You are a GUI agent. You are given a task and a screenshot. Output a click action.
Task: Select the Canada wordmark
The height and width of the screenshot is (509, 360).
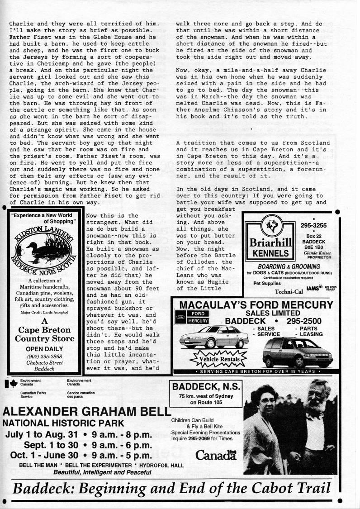click(x=216, y=455)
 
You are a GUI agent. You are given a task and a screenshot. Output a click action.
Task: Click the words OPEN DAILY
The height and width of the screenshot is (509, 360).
click(x=43, y=349)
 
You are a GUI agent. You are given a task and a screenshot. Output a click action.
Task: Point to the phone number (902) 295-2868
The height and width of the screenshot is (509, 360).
click(x=44, y=357)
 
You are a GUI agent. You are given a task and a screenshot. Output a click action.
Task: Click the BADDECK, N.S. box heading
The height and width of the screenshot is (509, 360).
click(x=205, y=387)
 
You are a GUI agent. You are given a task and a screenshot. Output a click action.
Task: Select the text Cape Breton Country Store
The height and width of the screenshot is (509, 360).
click(x=44, y=334)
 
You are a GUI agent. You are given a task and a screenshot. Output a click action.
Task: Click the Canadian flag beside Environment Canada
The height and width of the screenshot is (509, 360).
click(x=12, y=384)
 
